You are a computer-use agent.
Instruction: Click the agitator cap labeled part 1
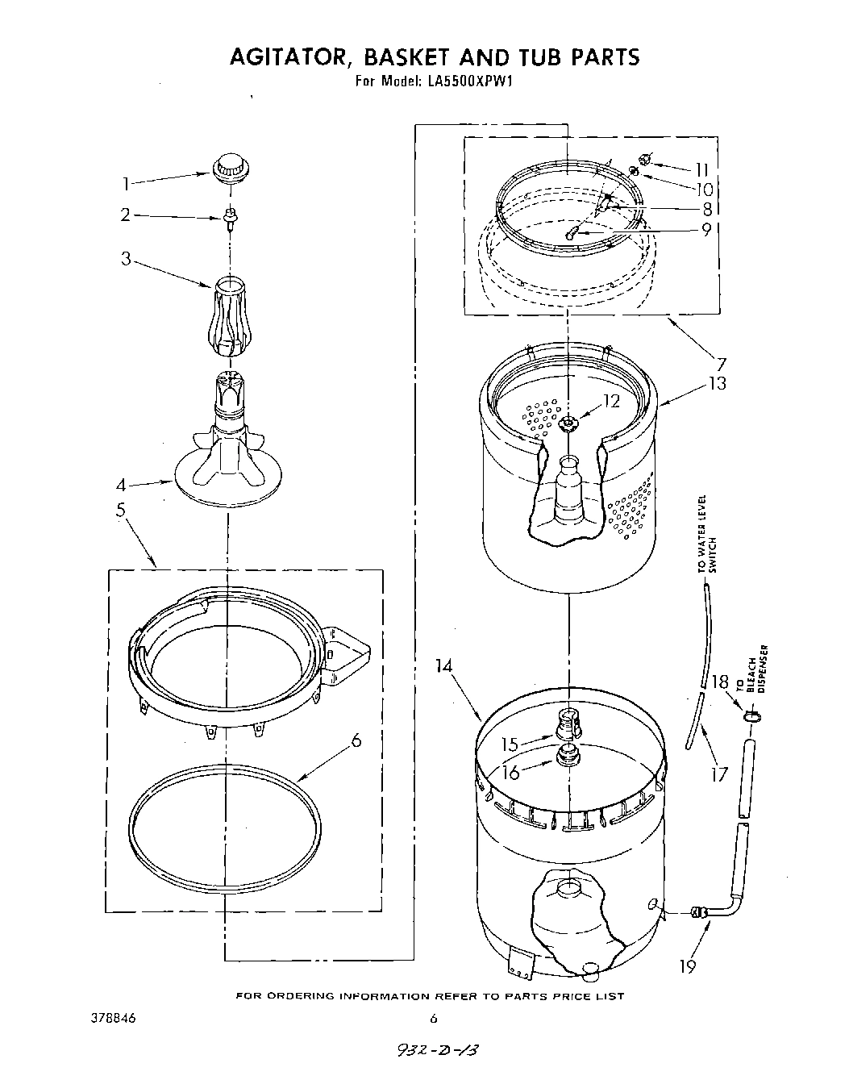228,171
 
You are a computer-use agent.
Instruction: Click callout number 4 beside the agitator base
120,486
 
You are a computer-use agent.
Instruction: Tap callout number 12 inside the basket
612,401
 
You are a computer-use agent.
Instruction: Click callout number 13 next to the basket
716,383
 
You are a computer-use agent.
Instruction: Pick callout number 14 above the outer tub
442,666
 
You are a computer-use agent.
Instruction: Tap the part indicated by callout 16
568,755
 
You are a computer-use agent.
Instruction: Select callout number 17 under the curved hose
717,774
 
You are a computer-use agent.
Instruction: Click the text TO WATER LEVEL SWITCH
706,534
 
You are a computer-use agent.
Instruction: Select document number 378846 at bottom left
113,1018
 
